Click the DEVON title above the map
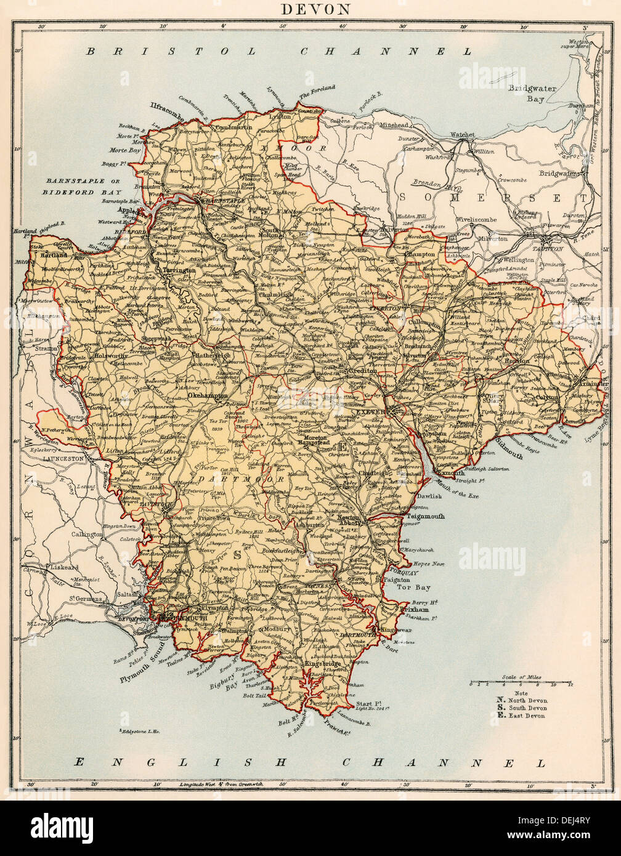[316, 9]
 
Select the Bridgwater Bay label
[532, 93]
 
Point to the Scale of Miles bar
[521, 684]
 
